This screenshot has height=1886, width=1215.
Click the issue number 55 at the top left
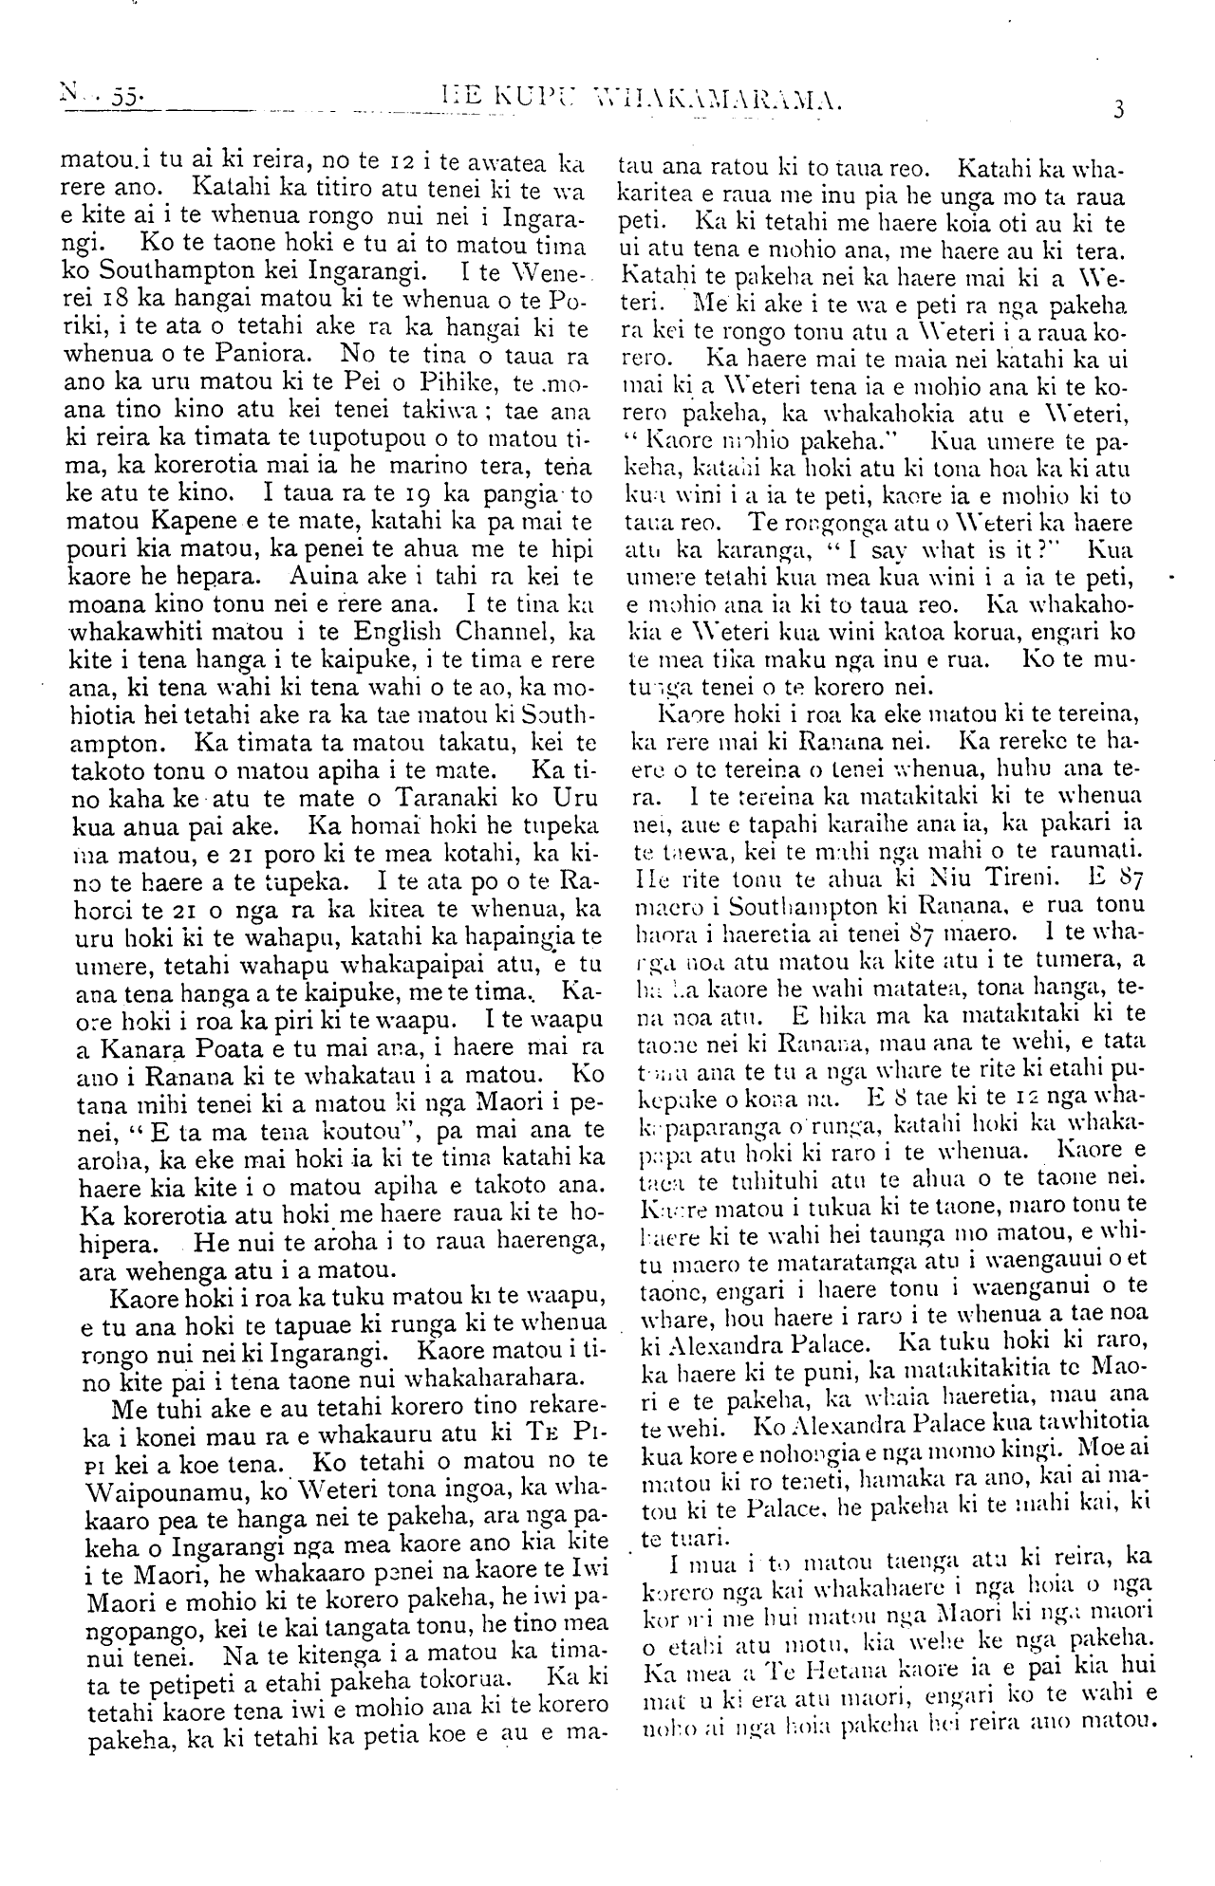pyautogui.click(x=122, y=96)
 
